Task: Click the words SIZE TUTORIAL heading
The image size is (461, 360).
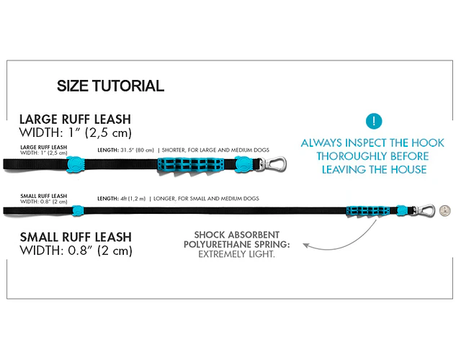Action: (x=110, y=86)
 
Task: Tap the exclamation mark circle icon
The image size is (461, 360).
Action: (x=373, y=121)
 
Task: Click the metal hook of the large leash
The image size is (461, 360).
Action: (x=274, y=164)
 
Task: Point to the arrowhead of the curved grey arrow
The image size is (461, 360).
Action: (x=305, y=246)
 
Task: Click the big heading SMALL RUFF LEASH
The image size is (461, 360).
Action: (x=76, y=237)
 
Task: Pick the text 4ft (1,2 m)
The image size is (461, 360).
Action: (x=133, y=198)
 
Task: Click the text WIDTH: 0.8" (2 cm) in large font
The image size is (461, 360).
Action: (x=76, y=251)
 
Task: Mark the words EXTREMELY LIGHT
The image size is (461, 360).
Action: (x=236, y=255)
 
